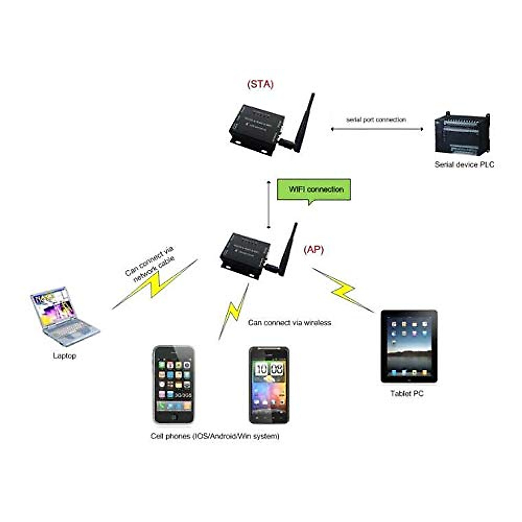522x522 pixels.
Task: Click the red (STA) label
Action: (x=260, y=84)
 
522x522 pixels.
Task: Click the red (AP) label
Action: (x=314, y=250)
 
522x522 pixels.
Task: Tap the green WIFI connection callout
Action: (x=314, y=190)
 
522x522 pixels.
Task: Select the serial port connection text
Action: (x=376, y=119)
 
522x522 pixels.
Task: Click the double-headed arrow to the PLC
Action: (x=377, y=129)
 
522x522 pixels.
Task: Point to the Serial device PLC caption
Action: (x=464, y=164)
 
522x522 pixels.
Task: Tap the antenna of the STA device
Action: (x=304, y=122)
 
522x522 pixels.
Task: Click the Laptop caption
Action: (x=64, y=356)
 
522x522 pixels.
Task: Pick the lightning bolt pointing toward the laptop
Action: (x=154, y=285)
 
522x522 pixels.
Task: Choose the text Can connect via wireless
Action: (x=289, y=322)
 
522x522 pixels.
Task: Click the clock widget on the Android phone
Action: (x=268, y=370)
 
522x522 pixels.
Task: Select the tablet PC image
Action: (x=409, y=346)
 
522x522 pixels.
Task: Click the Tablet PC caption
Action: (x=407, y=394)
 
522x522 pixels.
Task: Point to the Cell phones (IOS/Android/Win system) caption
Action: (x=215, y=436)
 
